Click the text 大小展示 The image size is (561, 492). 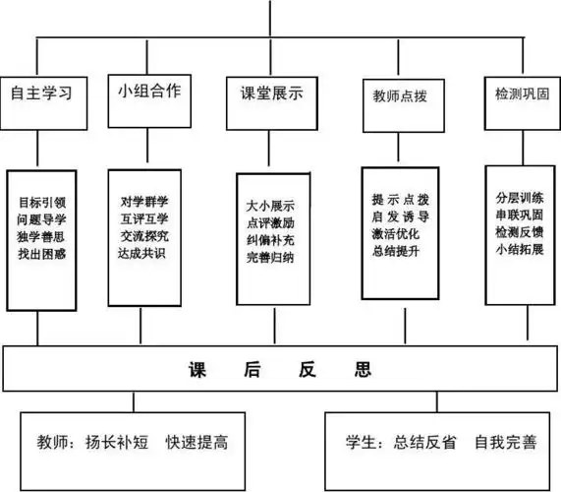coord(271,208)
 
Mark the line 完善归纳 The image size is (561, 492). coord(271,258)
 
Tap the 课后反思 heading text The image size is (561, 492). coord(280,370)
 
